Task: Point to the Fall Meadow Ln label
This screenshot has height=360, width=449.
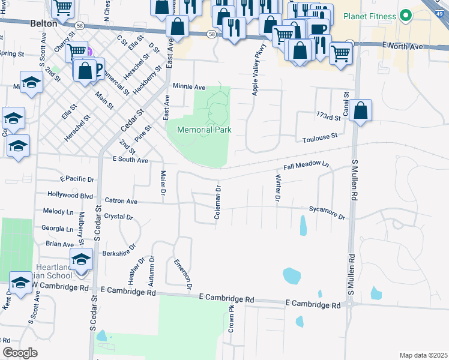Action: point(307,164)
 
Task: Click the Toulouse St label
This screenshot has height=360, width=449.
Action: point(322,137)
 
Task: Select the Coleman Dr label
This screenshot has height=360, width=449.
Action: point(218,201)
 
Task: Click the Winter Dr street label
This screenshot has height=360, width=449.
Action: point(278,188)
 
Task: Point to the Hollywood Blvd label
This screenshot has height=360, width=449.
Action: point(71,195)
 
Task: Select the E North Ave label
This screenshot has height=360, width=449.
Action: point(411,46)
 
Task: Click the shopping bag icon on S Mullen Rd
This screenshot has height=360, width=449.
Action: point(360,111)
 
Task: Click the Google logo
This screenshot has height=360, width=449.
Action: point(20,353)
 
